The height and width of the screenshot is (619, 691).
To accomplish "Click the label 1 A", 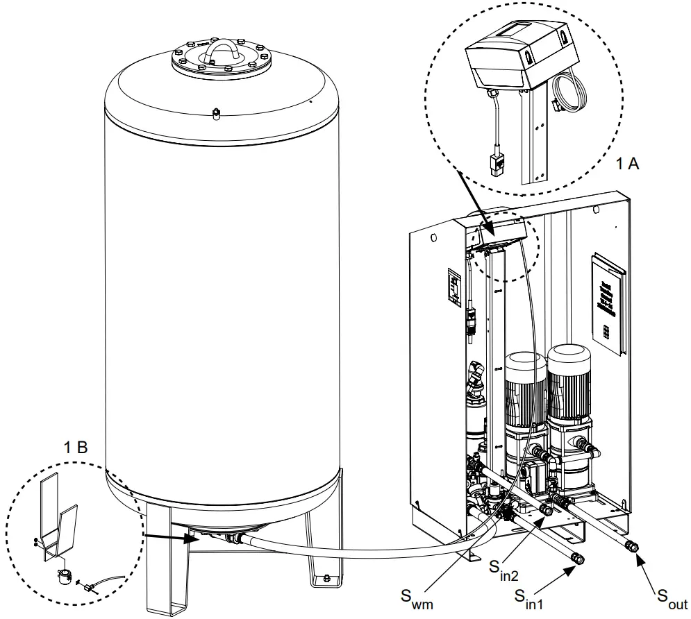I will click(x=629, y=164).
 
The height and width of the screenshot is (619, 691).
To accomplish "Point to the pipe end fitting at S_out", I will click(x=632, y=546).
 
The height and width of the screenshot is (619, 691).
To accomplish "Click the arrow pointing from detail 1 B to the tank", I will click(x=167, y=536).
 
